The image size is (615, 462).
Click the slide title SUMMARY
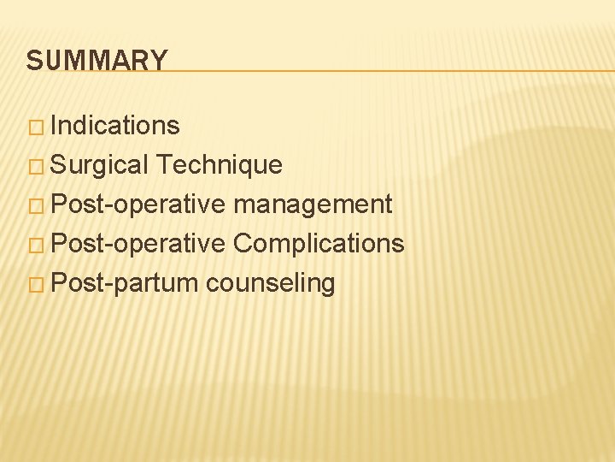(x=97, y=61)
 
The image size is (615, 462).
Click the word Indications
(x=115, y=126)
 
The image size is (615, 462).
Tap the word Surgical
(x=100, y=165)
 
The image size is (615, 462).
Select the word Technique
(x=220, y=165)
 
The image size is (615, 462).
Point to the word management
(x=313, y=204)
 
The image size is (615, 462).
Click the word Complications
(x=319, y=244)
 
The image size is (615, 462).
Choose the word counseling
(x=270, y=283)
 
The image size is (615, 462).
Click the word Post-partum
(x=125, y=283)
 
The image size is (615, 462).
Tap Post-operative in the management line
(x=138, y=204)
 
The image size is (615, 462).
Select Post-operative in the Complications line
(x=138, y=244)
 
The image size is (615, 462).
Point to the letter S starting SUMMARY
(x=33, y=61)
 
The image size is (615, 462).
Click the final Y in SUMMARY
(x=160, y=61)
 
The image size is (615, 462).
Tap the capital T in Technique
(x=164, y=164)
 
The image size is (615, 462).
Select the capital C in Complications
(x=243, y=243)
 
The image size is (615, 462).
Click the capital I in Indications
(x=55, y=125)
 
